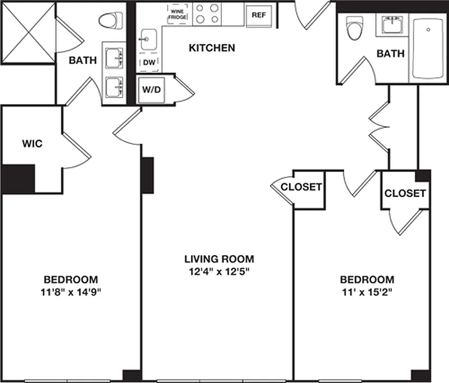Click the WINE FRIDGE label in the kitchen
tap(177, 13)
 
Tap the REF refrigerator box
tap(259, 14)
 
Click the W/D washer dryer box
tap(151, 90)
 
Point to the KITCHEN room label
tap(212, 48)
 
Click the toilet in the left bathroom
tap(108, 22)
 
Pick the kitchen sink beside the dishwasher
tap(148, 38)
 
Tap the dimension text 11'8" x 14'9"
tap(71, 293)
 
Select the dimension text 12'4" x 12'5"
tap(219, 272)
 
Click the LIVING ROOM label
tap(219, 259)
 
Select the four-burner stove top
tap(207, 13)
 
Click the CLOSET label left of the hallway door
tap(301, 187)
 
